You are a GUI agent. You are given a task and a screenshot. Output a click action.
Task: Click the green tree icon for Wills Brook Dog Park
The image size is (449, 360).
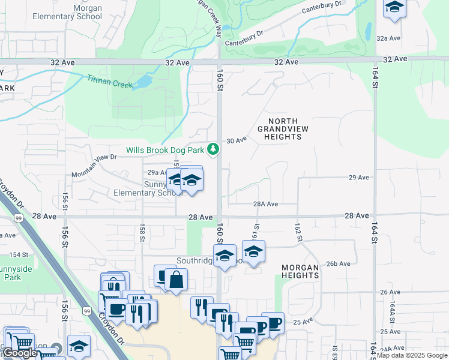(x=212, y=149)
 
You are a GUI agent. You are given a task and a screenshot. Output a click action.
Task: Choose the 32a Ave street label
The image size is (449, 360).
(x=388, y=38)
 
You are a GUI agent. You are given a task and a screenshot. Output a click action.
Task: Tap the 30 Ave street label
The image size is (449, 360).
(x=237, y=140)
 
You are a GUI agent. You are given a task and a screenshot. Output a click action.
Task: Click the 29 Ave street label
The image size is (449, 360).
(x=358, y=178)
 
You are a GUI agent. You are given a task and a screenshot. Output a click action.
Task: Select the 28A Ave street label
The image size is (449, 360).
(x=265, y=204)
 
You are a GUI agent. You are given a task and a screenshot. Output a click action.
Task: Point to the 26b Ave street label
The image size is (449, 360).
(x=338, y=263)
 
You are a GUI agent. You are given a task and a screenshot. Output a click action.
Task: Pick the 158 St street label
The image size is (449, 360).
(x=142, y=233)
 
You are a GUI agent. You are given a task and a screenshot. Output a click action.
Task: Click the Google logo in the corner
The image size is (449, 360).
(x=20, y=353)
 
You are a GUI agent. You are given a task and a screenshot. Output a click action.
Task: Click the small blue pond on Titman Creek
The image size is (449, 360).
(x=145, y=81)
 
